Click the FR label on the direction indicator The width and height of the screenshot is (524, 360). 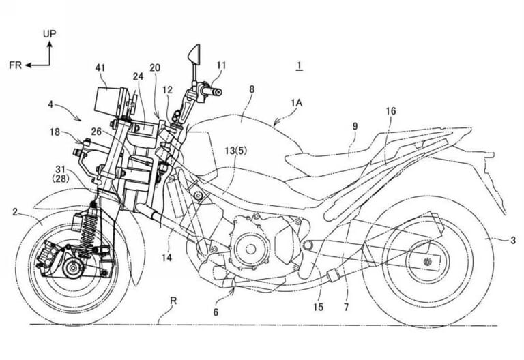16,65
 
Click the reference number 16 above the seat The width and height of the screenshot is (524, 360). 390,111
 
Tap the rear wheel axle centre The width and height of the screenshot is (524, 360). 427,262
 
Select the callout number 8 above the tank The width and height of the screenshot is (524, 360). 252,89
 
